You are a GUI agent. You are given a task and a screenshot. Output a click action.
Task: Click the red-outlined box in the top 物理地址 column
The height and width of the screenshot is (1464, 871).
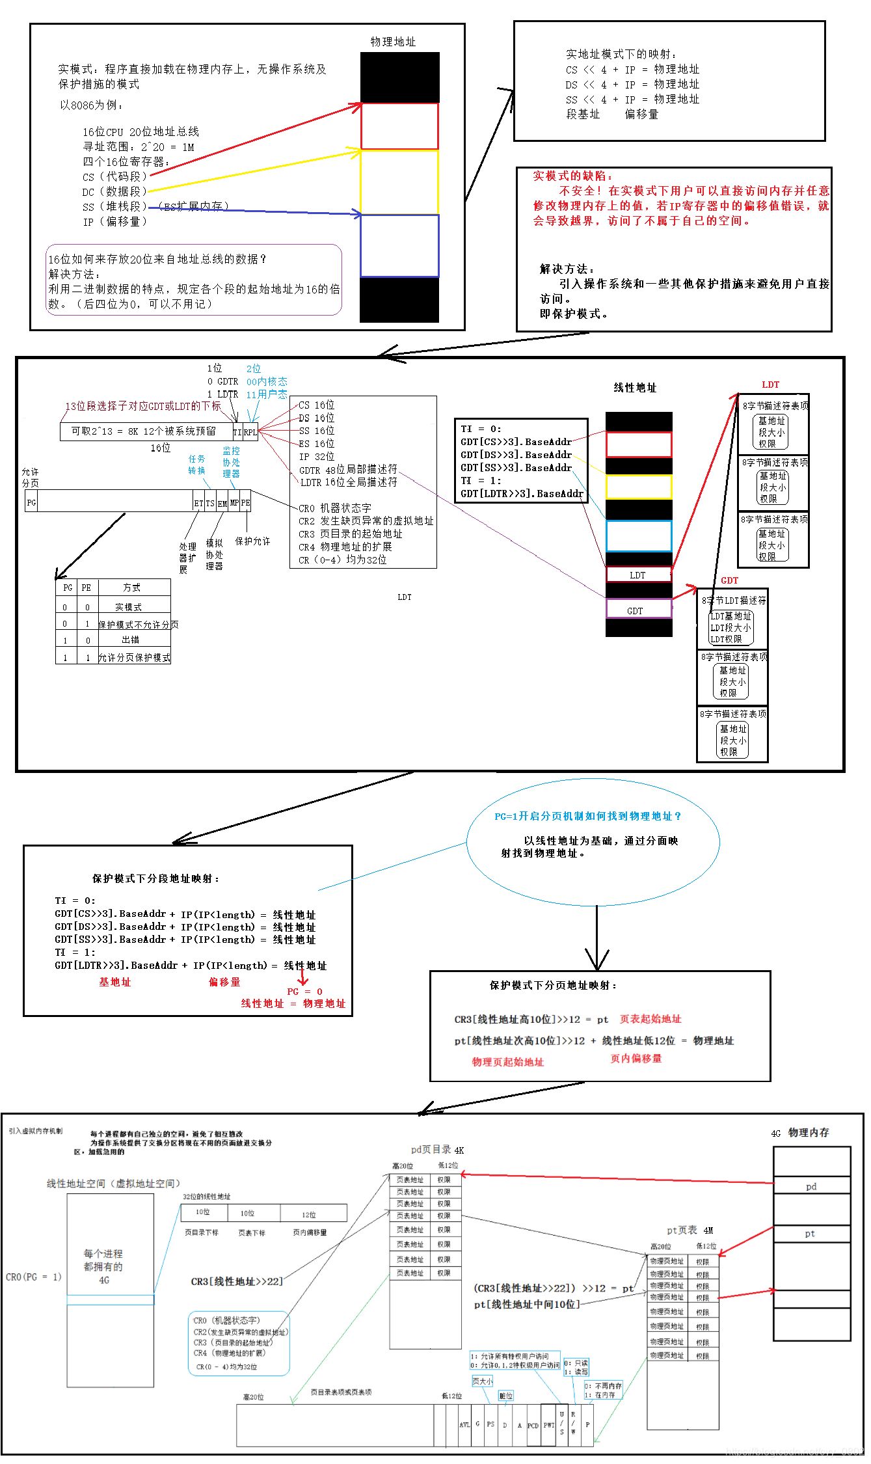(x=399, y=126)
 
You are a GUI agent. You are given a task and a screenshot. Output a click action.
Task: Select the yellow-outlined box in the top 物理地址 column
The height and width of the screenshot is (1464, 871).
(x=399, y=182)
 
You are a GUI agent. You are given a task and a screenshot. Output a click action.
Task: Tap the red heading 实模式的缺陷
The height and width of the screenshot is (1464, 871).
(x=572, y=176)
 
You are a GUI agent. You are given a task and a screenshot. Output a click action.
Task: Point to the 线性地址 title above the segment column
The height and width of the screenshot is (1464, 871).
(x=635, y=388)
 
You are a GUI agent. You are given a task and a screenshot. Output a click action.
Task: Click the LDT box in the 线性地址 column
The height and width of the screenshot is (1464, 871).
(x=638, y=575)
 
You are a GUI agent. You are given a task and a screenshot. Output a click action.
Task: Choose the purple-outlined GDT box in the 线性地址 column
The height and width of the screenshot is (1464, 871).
(x=638, y=610)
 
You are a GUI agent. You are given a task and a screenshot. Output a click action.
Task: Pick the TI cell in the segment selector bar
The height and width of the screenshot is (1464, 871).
(x=237, y=432)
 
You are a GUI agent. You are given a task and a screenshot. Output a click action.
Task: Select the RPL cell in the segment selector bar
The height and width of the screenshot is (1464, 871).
(x=250, y=432)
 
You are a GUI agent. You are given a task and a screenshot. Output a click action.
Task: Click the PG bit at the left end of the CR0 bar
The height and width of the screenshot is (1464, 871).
(x=31, y=502)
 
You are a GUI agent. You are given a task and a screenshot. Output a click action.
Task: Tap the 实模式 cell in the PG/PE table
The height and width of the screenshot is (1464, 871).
(x=128, y=607)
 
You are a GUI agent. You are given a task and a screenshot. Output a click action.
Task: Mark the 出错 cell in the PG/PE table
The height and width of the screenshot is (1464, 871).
(x=131, y=640)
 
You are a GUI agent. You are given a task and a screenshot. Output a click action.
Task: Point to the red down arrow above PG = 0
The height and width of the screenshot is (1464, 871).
(x=302, y=977)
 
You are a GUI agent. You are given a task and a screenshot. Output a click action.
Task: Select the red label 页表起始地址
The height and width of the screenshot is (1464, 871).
(x=650, y=1019)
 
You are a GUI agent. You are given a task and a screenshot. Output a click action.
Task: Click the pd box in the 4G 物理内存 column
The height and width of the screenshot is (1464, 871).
(x=811, y=1186)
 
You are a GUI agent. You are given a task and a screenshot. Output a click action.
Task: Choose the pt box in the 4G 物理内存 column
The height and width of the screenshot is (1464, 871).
(x=811, y=1233)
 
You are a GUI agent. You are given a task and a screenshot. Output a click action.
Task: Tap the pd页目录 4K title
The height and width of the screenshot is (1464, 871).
(x=437, y=1150)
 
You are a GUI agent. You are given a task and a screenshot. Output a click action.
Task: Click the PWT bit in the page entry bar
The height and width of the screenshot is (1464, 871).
(x=549, y=1424)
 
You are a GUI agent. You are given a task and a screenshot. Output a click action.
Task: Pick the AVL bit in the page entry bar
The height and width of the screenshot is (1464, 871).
(x=464, y=1424)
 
